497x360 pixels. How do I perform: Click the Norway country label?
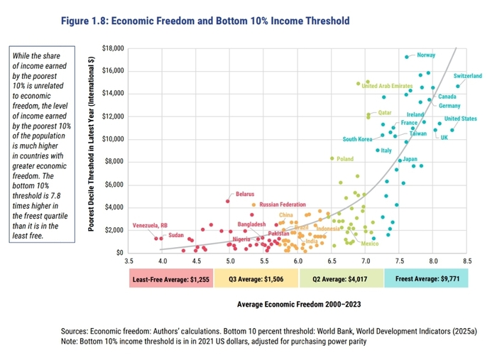pos(426,55)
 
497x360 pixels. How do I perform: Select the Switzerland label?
pos(467,76)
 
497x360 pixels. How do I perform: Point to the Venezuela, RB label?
pos(150,226)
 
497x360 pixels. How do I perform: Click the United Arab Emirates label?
pos(388,87)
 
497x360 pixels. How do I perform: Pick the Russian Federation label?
pos(283,204)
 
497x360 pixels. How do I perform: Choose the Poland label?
pos(345,159)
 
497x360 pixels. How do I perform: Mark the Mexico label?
pos(370,244)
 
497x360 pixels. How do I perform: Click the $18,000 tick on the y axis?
pos(114,48)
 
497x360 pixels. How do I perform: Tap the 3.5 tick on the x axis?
pos(129,261)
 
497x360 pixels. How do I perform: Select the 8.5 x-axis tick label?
pos(467,261)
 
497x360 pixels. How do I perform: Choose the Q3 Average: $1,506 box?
pos(255,280)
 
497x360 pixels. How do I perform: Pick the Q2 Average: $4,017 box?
pos(340,280)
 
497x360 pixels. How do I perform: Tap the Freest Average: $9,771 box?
pos(425,280)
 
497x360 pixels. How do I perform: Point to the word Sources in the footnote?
pos(76,331)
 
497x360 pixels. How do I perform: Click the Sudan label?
pos(176,235)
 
